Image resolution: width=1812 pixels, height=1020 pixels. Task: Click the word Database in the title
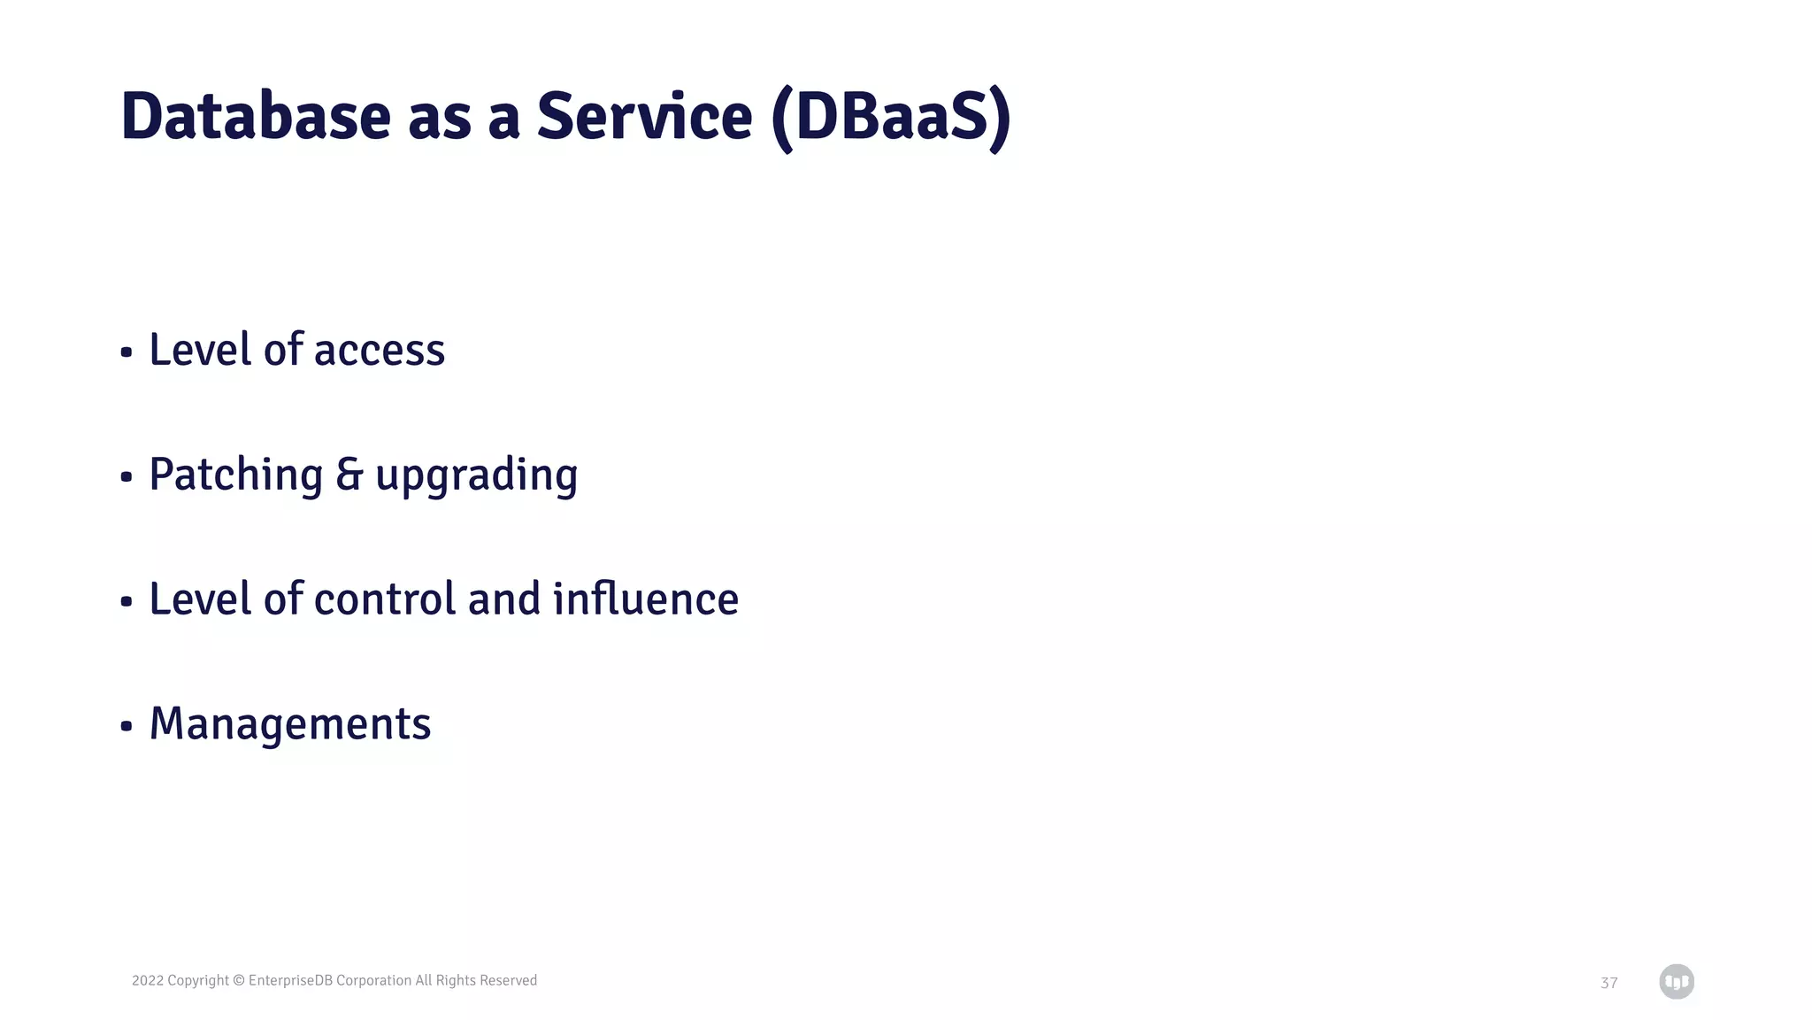(255, 117)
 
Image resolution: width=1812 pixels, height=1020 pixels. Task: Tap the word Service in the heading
(644, 117)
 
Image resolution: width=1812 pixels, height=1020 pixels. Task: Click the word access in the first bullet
(379, 351)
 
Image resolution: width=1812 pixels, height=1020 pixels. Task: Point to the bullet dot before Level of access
(127, 352)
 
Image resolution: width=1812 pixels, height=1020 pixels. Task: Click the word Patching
(235, 475)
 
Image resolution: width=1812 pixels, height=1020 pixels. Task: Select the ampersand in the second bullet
(349, 475)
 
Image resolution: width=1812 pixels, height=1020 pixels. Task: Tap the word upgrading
(476, 477)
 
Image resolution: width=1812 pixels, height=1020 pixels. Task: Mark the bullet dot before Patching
(127, 477)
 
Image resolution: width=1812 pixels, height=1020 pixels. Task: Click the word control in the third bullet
(384, 599)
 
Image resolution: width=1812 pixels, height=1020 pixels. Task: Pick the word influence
(645, 599)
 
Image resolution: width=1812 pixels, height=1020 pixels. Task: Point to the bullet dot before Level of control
(127, 602)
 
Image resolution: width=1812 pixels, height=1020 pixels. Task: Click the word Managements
(290, 724)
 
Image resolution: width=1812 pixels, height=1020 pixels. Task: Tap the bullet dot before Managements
(127, 727)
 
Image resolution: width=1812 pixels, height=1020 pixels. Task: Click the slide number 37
(1609, 983)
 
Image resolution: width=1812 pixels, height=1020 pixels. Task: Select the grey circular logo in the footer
(1676, 981)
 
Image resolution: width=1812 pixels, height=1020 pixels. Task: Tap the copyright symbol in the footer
(238, 980)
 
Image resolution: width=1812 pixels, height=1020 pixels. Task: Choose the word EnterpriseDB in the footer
(290, 980)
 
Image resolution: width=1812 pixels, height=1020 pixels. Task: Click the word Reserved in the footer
(508, 980)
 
